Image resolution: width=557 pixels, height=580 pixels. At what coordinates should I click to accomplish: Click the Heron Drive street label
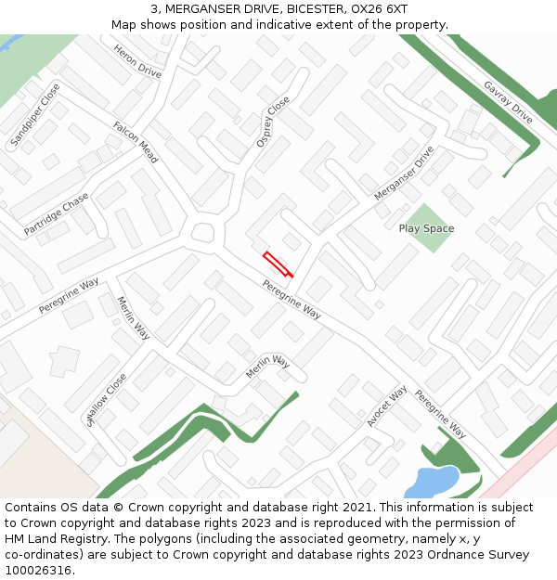[x=137, y=59]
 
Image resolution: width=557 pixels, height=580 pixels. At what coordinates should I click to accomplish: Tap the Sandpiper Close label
[x=35, y=115]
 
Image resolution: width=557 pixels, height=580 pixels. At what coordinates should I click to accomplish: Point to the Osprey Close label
[x=272, y=122]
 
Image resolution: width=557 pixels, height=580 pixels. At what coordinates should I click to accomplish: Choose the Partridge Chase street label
[x=57, y=213]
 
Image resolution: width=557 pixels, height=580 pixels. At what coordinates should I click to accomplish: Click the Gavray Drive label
[x=508, y=102]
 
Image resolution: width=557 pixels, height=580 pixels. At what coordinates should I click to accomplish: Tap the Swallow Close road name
[x=106, y=399]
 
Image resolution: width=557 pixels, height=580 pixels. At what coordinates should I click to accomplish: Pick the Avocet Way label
[x=386, y=406]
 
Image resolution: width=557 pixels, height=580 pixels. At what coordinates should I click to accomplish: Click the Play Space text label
[x=426, y=228]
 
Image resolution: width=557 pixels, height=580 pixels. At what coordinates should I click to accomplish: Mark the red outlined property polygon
[x=278, y=264]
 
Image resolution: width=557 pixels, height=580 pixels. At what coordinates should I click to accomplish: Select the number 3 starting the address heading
[x=154, y=8]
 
